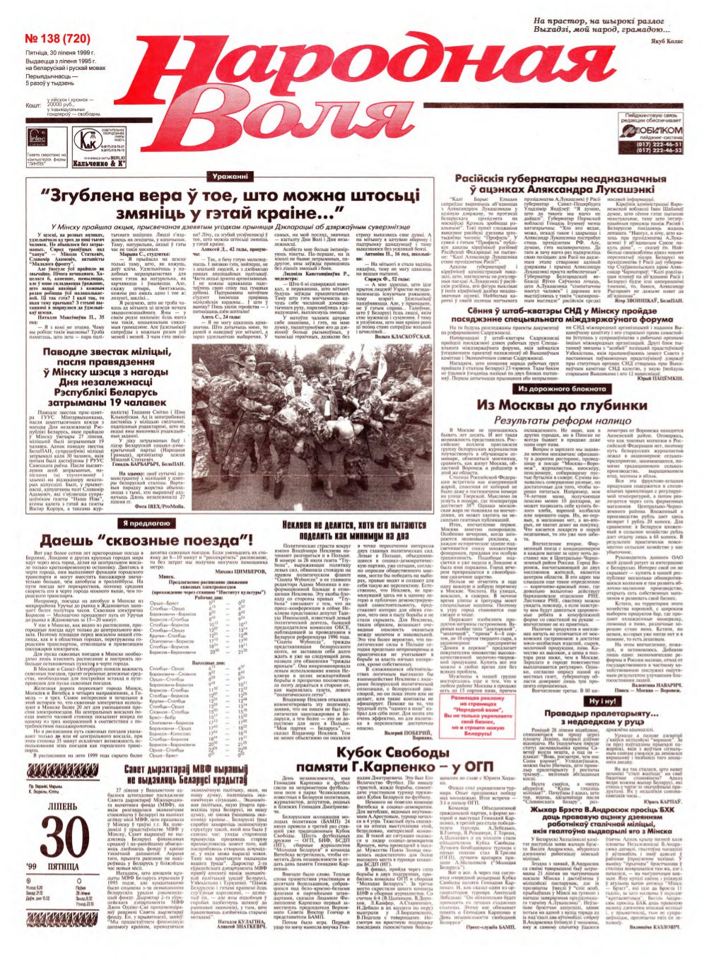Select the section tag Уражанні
[x=230, y=176]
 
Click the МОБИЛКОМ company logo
[x=652, y=131]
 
